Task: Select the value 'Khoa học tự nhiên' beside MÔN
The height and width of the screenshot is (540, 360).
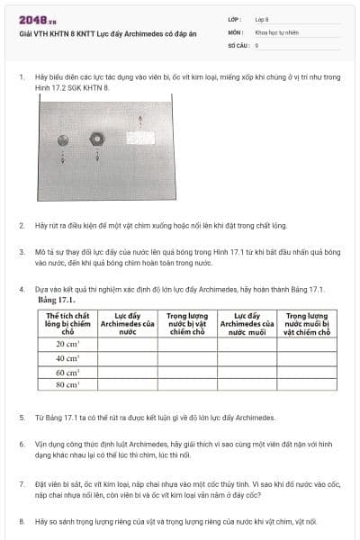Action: click(x=275, y=31)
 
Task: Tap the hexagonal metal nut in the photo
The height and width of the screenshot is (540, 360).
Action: click(x=97, y=139)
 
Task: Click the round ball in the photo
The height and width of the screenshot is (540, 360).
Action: click(x=63, y=139)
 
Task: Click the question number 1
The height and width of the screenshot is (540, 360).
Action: click(x=21, y=77)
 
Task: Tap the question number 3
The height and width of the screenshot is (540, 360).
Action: click(x=21, y=252)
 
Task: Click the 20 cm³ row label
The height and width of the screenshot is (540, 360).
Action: click(x=67, y=344)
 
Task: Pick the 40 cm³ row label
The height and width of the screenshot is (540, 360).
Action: click(x=67, y=358)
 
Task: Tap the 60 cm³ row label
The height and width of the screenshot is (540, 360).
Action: click(x=67, y=372)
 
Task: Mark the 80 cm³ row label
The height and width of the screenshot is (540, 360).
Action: click(x=67, y=385)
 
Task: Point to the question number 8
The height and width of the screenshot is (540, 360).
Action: click(x=21, y=521)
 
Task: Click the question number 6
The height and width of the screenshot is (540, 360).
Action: click(x=21, y=445)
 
